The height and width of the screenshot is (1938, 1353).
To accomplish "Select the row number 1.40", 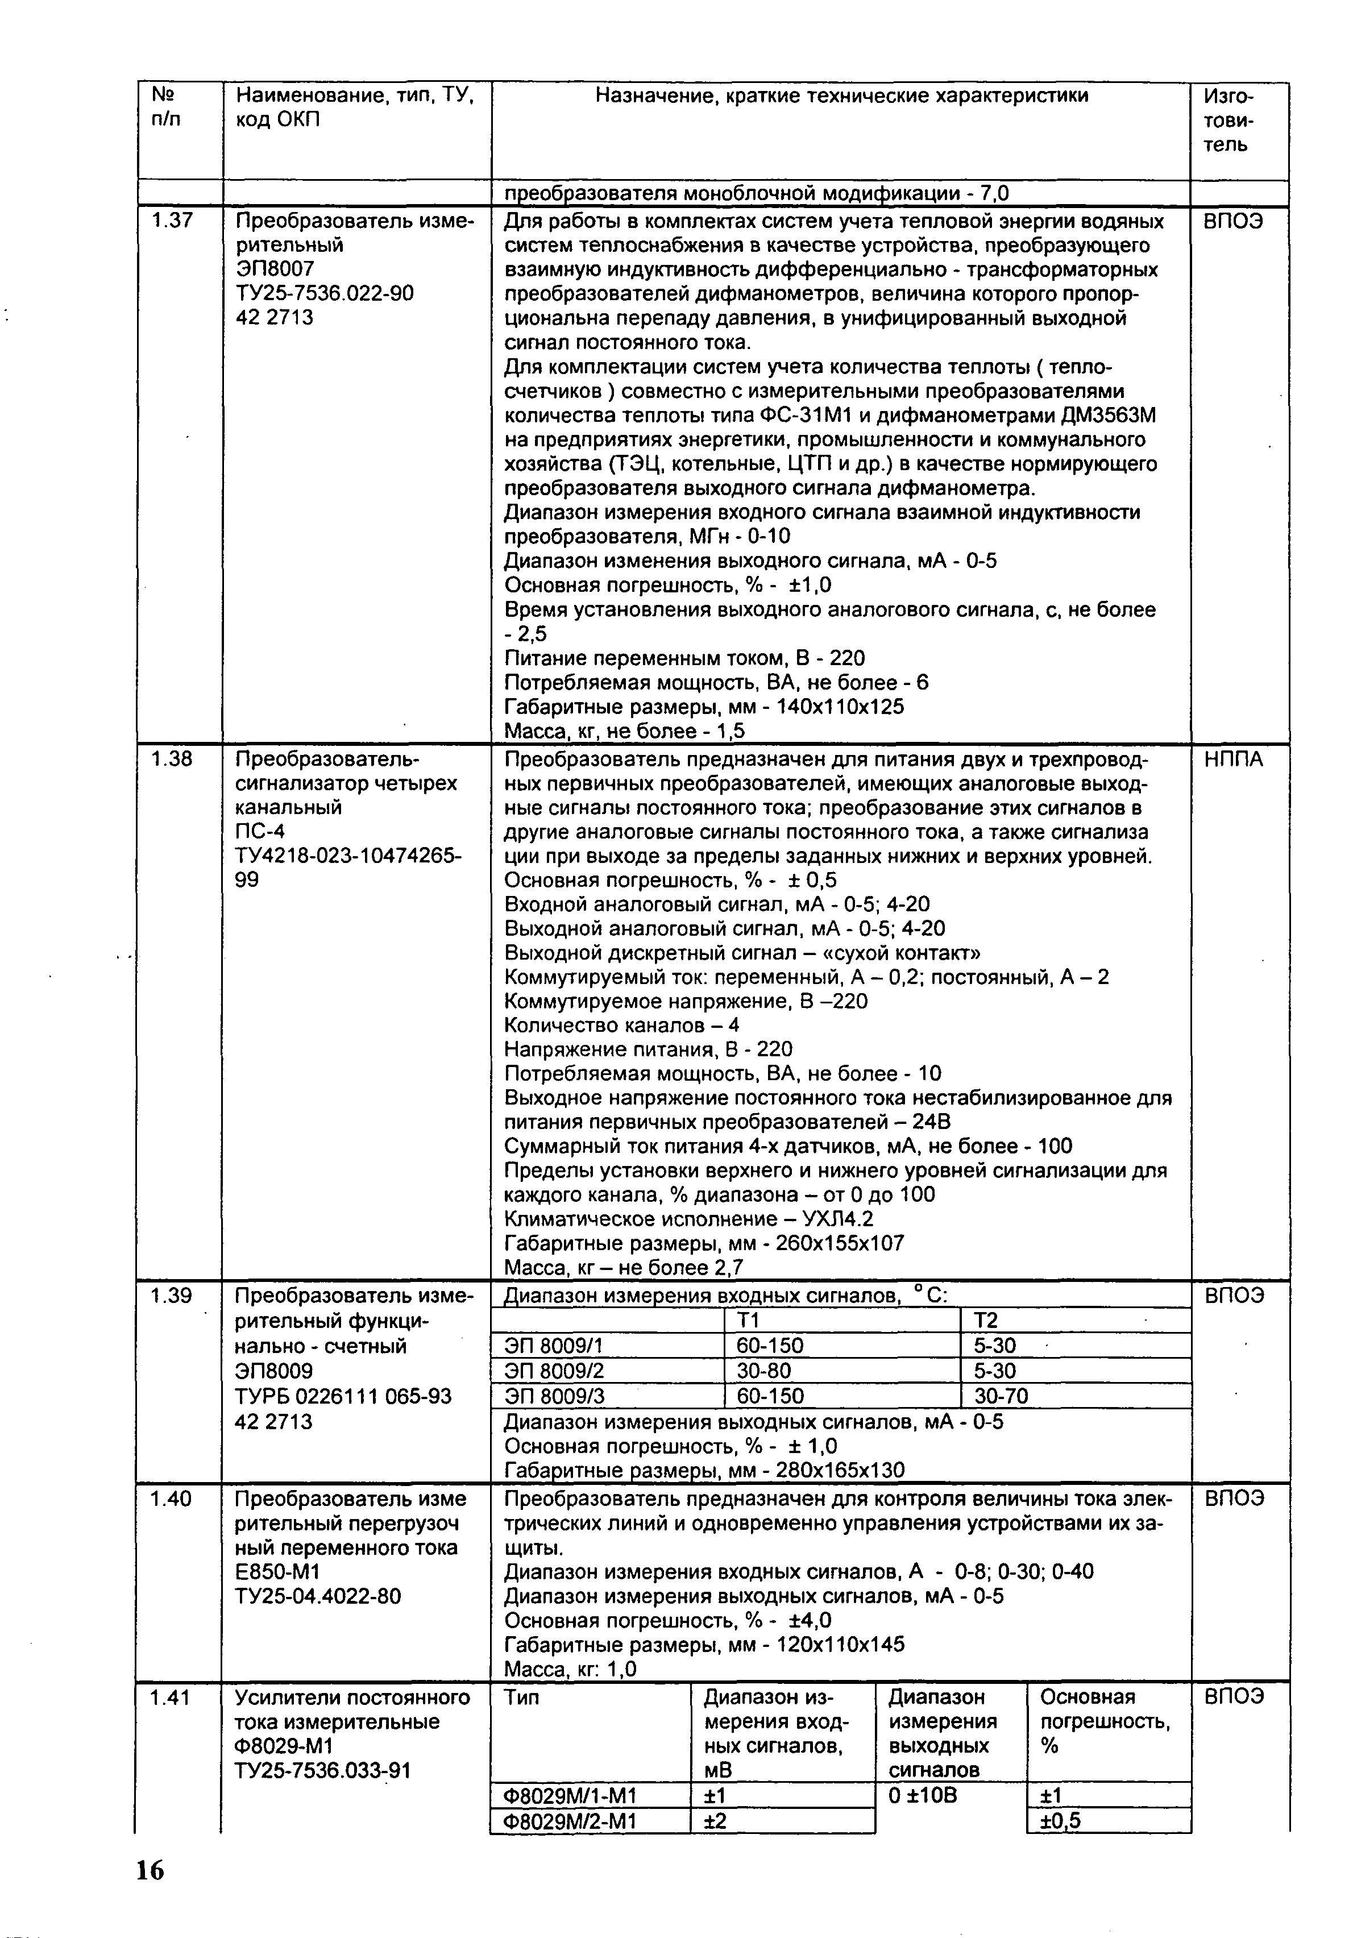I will (171, 1498).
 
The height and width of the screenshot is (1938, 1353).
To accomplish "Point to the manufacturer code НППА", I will (1233, 760).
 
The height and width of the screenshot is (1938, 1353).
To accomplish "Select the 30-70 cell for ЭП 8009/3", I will (1001, 1395).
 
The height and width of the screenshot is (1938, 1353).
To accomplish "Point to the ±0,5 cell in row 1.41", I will (1060, 1821).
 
